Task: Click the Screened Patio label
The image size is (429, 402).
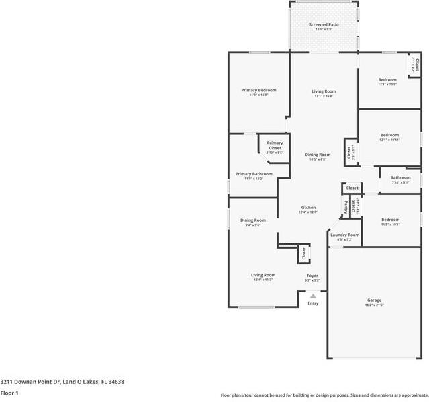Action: point(324,25)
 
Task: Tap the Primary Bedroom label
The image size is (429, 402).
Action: point(258,90)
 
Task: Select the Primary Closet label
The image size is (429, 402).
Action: point(275,145)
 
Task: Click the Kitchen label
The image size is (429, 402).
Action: point(307,208)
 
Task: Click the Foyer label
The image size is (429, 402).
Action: point(312,276)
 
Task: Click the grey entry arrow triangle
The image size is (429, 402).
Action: point(313,295)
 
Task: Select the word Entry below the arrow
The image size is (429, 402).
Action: point(313,303)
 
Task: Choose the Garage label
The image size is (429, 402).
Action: point(374,300)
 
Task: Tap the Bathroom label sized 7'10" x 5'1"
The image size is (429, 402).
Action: point(400,178)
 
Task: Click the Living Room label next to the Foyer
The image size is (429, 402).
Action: point(263,275)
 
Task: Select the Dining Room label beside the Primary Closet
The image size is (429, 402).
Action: point(318,155)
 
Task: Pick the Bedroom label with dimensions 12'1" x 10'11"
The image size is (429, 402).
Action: point(389,135)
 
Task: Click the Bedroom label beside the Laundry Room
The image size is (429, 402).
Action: point(390,220)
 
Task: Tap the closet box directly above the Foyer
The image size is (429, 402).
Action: point(303,253)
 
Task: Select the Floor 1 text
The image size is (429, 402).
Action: point(9,393)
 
